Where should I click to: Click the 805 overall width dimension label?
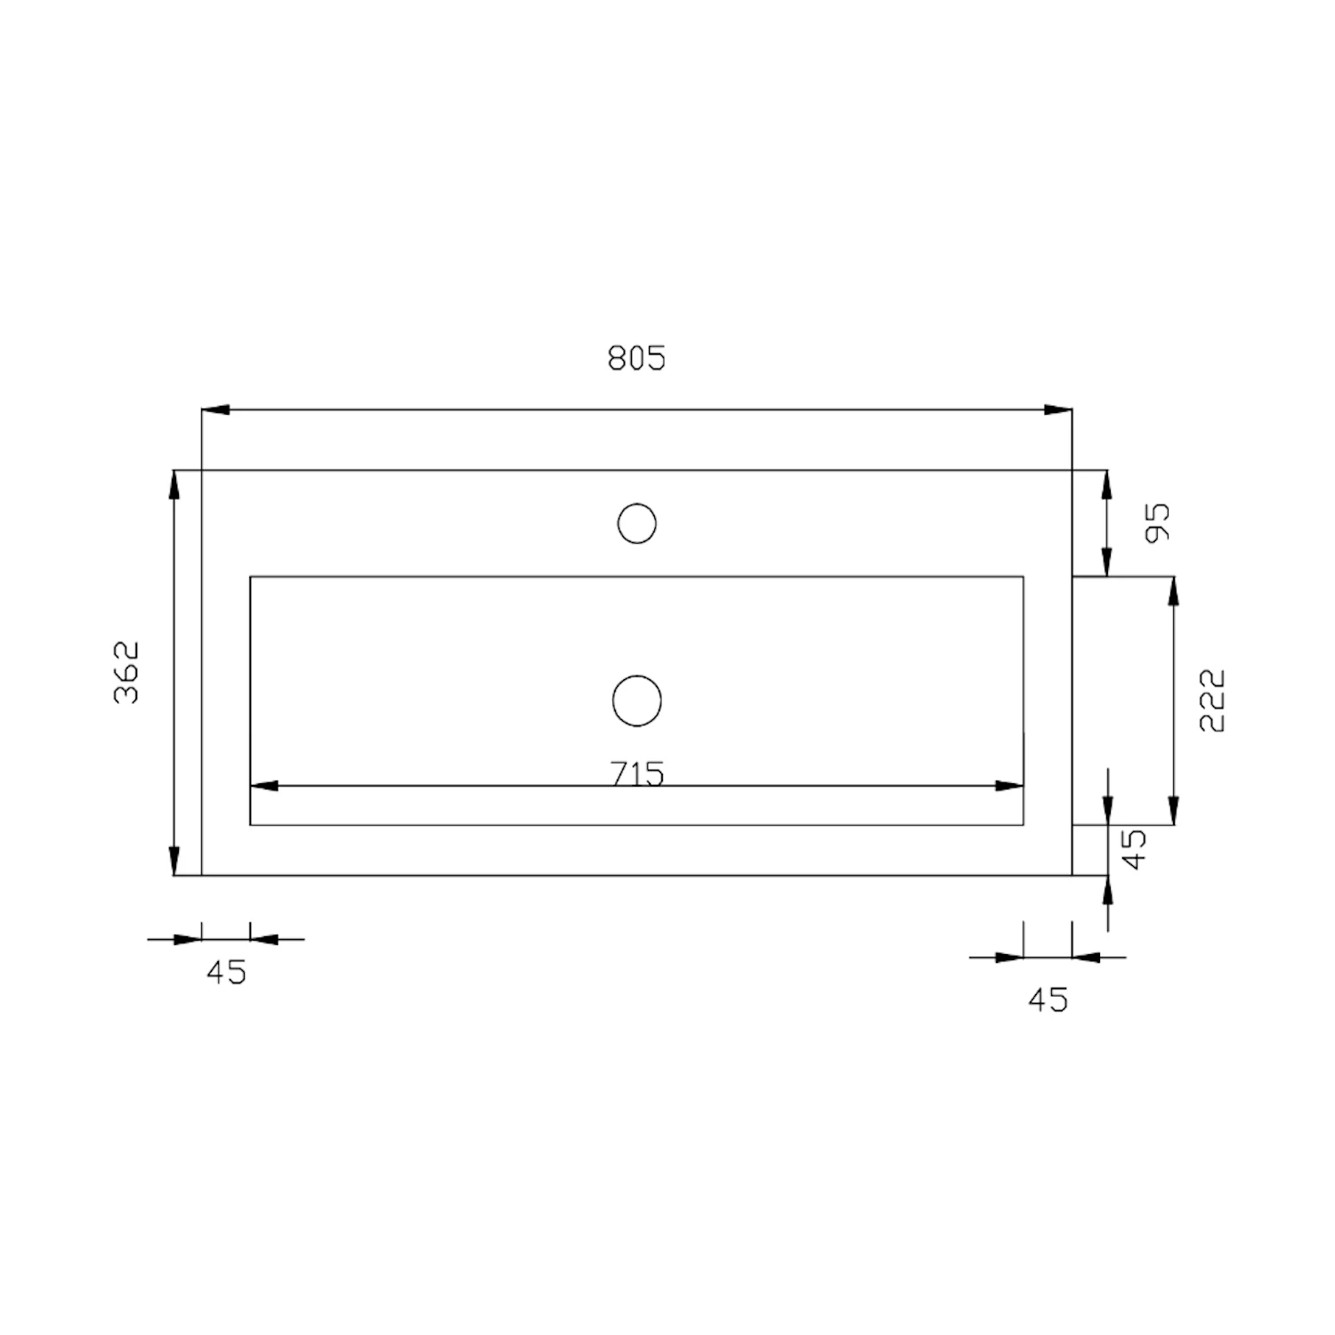click(636, 358)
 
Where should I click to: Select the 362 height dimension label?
click(127, 672)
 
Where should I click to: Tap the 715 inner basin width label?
click(638, 774)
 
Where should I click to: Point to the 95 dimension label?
click(1158, 523)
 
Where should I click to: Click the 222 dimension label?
click(1212, 700)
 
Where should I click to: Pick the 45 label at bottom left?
click(226, 973)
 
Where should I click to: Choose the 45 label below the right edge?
click(1048, 1000)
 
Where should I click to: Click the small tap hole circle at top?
click(637, 523)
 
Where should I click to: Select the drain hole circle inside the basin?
click(637, 700)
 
